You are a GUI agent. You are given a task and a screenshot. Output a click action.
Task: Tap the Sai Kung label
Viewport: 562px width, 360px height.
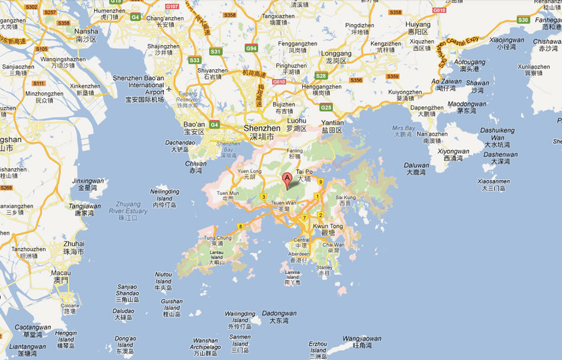[x=346, y=197]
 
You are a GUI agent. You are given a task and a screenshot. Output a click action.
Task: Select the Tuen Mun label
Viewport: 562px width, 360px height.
[x=228, y=193]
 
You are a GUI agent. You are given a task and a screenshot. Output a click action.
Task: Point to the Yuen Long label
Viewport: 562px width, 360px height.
[x=249, y=172]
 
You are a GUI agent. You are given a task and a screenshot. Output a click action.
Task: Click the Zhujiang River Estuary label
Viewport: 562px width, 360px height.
[x=128, y=207]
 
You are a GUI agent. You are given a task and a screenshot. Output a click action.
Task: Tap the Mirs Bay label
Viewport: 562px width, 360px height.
[x=403, y=128]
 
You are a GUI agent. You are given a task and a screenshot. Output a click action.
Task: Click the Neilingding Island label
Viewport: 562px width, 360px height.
[x=165, y=195]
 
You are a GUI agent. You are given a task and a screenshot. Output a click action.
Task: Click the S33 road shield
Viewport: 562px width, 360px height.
[x=194, y=60]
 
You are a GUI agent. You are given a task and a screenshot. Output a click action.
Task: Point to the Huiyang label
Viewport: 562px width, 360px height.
[x=419, y=25]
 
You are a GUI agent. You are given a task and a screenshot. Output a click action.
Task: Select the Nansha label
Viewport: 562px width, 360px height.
[x=86, y=31]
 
